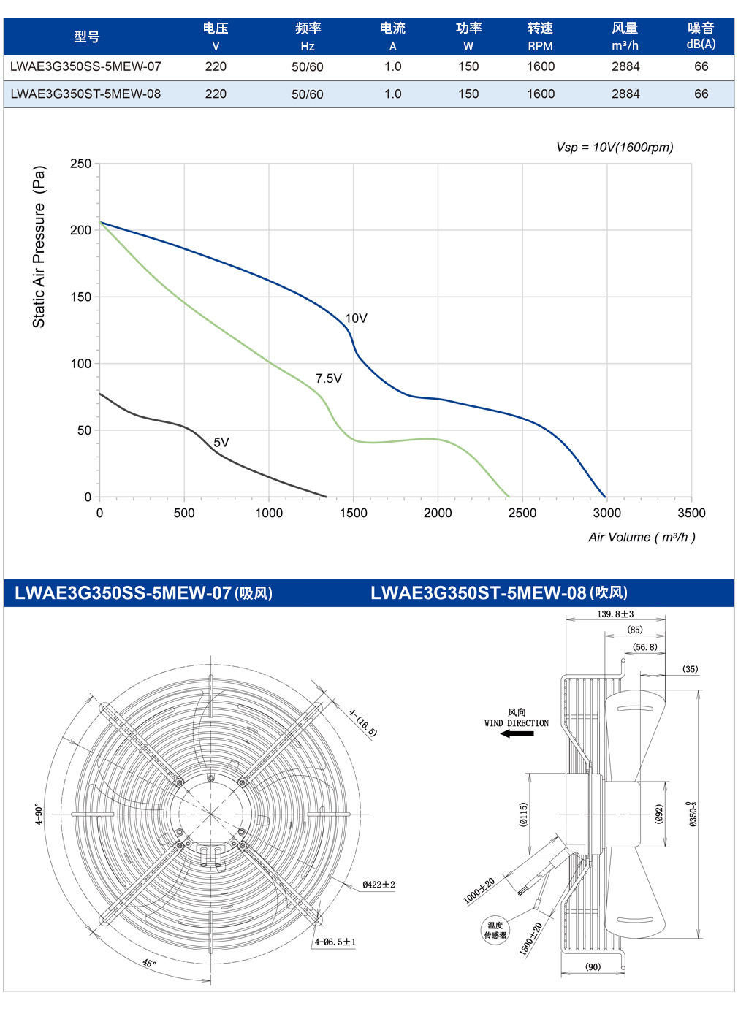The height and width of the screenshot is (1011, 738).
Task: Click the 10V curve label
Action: (x=356, y=318)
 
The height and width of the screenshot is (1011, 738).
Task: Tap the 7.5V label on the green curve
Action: (x=329, y=378)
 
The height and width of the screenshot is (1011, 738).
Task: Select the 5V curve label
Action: (x=221, y=443)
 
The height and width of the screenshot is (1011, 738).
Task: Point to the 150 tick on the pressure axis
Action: (x=81, y=297)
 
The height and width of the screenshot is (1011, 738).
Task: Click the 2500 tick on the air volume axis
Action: (x=522, y=514)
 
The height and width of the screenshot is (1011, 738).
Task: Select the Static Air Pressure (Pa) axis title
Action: (x=39, y=247)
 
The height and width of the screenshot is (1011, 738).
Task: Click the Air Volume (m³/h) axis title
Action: (x=642, y=537)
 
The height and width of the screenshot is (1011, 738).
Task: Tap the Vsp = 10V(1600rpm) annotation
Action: (x=615, y=147)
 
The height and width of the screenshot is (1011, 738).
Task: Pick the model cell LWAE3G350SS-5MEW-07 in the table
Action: (x=85, y=66)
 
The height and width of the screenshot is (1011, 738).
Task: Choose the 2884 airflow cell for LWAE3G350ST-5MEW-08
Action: (x=625, y=94)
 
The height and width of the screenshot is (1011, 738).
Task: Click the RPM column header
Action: (x=540, y=46)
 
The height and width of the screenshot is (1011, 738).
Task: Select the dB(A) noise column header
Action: (x=701, y=45)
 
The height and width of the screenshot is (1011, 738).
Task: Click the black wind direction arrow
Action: (x=517, y=733)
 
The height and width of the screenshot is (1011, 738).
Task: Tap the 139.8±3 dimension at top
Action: (x=615, y=614)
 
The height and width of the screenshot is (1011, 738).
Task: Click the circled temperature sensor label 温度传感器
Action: (x=495, y=931)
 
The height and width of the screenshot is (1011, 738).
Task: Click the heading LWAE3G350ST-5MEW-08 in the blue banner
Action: (x=478, y=592)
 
